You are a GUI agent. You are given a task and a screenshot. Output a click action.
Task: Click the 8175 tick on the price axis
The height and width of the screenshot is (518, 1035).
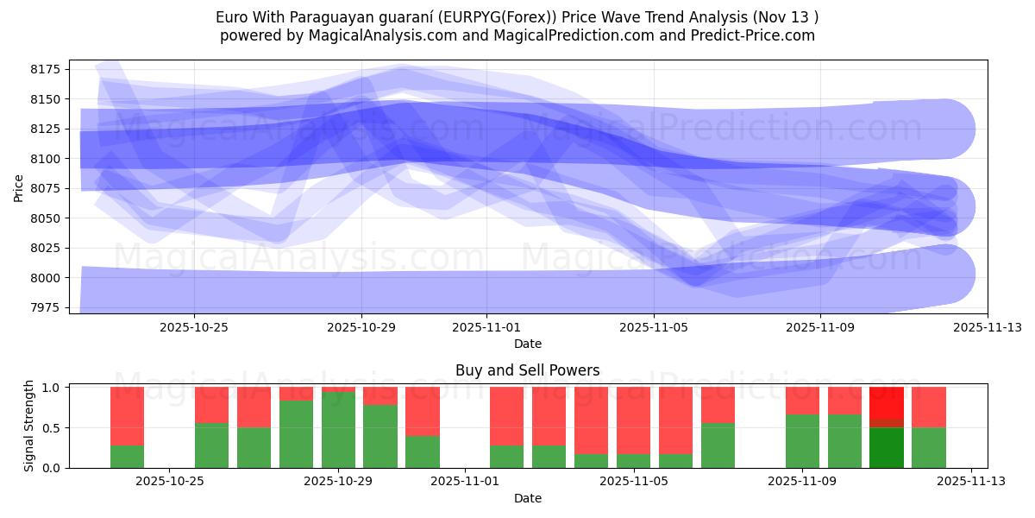click(48, 69)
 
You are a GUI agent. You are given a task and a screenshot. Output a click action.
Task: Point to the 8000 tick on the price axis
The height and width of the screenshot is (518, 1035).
click(48, 278)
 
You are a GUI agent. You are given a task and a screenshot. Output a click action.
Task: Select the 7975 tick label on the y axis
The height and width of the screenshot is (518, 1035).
click(48, 307)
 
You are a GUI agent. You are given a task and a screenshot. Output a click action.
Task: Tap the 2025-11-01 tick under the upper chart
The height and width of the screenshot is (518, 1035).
click(486, 327)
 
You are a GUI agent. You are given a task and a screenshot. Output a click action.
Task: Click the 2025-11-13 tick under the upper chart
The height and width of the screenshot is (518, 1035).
click(988, 327)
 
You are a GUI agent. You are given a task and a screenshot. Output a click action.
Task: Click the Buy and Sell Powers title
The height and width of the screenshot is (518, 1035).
click(527, 370)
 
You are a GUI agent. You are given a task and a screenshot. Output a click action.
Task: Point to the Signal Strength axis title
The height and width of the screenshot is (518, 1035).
click(29, 425)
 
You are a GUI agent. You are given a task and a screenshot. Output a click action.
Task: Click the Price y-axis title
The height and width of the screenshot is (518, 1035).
click(19, 187)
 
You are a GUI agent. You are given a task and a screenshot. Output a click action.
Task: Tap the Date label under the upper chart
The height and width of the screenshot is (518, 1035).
click(527, 344)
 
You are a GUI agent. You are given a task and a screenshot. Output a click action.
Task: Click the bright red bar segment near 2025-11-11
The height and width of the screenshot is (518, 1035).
click(886, 402)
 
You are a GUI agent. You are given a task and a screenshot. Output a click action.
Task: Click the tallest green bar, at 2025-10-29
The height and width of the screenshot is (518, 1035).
click(338, 430)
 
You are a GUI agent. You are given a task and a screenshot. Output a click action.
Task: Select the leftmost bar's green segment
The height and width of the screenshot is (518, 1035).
click(127, 457)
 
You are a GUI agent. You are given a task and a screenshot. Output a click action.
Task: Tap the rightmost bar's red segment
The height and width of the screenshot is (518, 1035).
click(928, 407)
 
